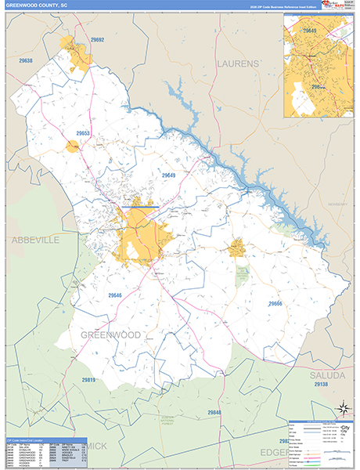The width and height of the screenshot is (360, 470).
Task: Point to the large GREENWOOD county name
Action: [x=110, y=334]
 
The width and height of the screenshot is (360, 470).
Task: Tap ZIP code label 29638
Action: [x=26, y=60]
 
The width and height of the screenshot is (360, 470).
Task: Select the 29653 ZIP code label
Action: [x=85, y=134]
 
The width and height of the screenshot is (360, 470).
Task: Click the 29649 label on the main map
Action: [x=169, y=175]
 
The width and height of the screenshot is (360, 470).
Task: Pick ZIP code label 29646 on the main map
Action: [x=116, y=295]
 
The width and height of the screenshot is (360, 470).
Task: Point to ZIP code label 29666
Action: [x=275, y=303]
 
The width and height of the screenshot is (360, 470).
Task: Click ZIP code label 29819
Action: [x=88, y=380]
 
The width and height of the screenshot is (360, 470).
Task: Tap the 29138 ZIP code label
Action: [x=321, y=385]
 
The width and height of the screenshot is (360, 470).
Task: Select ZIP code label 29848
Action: [x=215, y=412]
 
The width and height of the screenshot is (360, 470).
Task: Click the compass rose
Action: [x=342, y=407]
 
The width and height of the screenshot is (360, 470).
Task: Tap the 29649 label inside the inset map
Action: [x=310, y=31]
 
